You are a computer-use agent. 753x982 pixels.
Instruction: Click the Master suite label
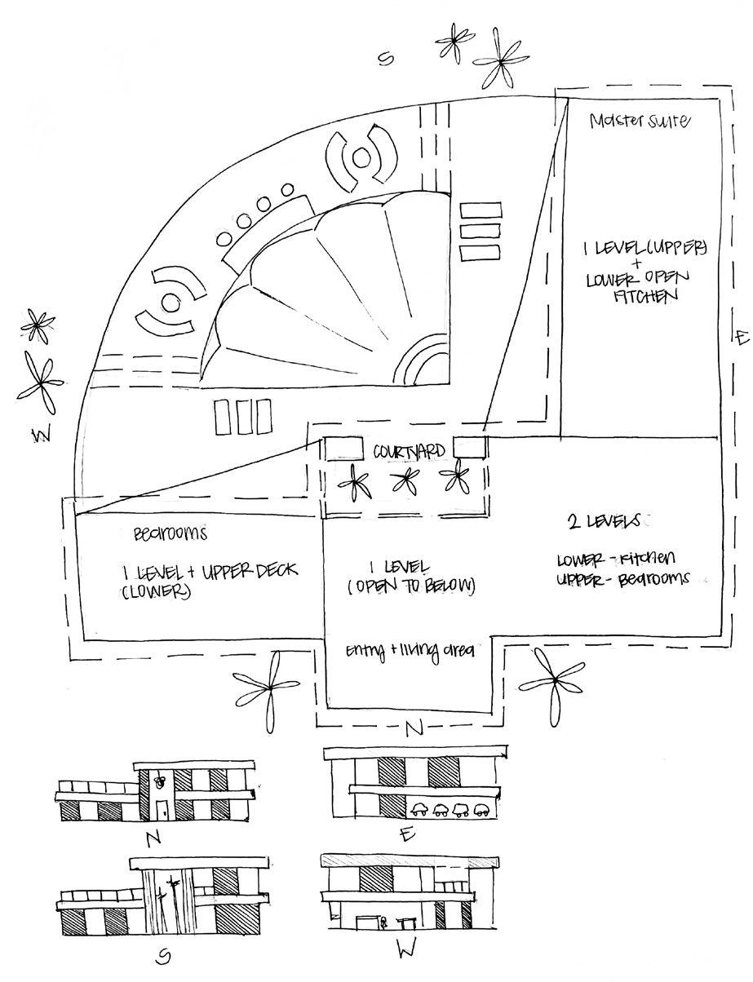640,122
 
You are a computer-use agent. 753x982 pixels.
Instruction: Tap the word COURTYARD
409,451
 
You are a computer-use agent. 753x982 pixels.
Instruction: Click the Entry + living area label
410,650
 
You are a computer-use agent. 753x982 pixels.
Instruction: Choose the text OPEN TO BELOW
411,586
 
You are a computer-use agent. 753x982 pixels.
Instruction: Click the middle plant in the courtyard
403,480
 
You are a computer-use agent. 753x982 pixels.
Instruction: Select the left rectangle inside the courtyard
343,448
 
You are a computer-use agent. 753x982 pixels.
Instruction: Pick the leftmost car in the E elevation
422,810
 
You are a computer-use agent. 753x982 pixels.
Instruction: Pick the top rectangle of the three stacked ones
480,211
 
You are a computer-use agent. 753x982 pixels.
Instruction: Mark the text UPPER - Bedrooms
622,578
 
